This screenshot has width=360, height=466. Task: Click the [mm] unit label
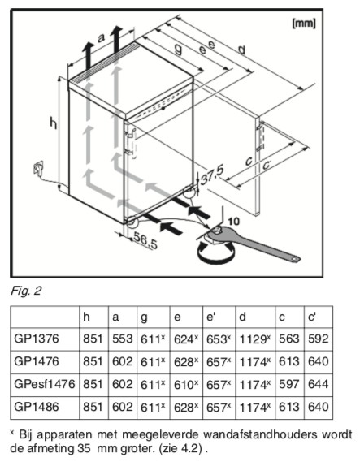[x=304, y=24]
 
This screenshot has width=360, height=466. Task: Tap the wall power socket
[x=38, y=168]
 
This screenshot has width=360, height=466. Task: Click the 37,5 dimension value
[x=212, y=175]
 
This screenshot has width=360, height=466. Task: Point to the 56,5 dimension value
[x=145, y=240]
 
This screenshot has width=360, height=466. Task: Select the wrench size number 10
[x=233, y=221]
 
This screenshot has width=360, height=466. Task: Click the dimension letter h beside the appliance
[x=54, y=123]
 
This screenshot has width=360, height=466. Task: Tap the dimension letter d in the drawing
[x=241, y=50]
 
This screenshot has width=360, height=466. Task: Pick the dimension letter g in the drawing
[x=178, y=49]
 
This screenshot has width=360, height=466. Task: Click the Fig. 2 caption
[x=26, y=291]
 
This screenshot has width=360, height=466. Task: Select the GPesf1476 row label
[x=45, y=384]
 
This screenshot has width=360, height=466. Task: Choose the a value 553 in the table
[x=122, y=339]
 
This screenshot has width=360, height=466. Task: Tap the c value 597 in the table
[x=288, y=384]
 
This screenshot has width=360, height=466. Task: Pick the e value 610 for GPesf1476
[x=186, y=385]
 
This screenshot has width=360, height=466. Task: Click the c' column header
[x=312, y=317]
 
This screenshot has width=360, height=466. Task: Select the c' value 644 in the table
[x=319, y=384]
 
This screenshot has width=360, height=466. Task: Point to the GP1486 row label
[x=37, y=407]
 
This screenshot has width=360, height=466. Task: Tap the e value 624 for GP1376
[x=186, y=339]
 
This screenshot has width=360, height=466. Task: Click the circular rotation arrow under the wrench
[x=215, y=252]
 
